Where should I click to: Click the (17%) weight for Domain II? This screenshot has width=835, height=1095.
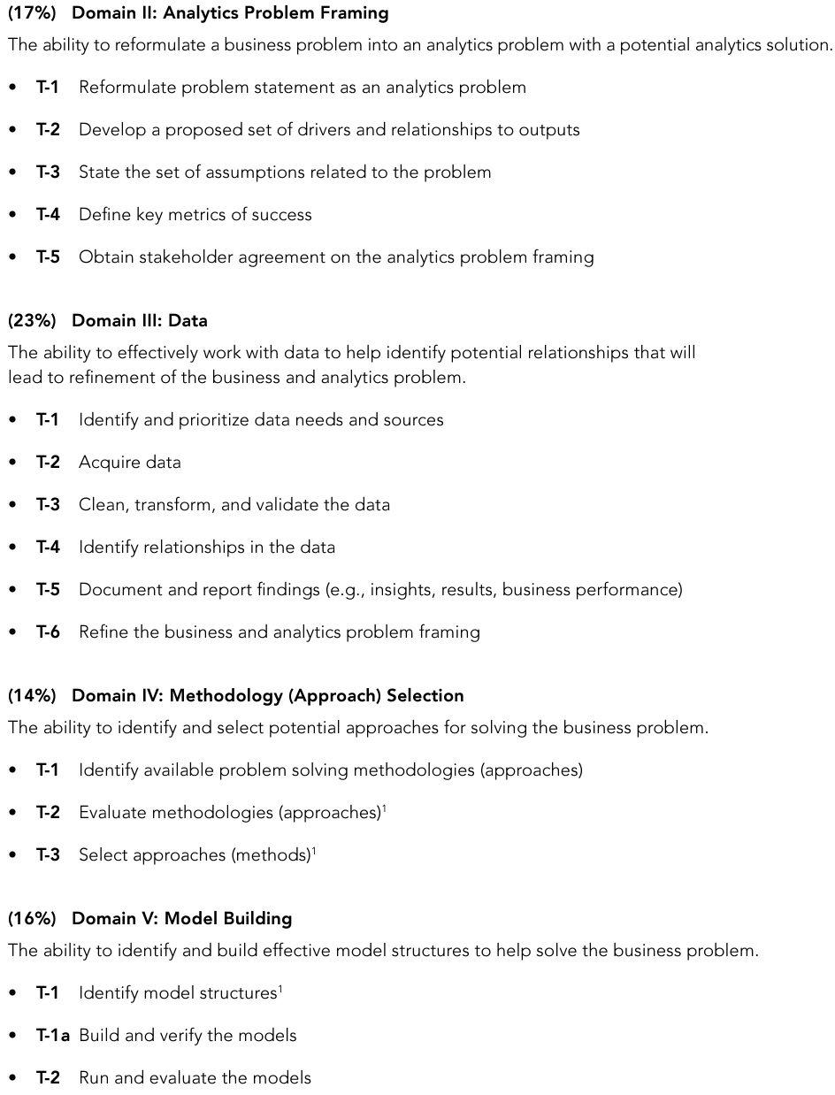[x=32, y=13]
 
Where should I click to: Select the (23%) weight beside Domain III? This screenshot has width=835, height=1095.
[x=32, y=321]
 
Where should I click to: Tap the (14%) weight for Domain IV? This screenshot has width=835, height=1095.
[x=32, y=696]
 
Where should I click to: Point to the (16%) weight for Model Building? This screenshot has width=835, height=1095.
[x=32, y=919]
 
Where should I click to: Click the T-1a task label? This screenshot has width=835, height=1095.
[x=52, y=1036]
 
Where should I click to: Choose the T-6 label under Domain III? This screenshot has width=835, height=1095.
[x=48, y=632]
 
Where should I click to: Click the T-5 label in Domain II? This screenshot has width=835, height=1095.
[x=48, y=257]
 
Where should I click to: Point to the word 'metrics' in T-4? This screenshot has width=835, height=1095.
[x=197, y=215]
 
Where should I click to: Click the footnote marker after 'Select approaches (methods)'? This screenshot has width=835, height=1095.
[x=314, y=851]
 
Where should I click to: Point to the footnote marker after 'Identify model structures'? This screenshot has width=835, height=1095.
[x=280, y=989]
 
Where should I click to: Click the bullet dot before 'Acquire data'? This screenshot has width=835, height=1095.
[x=12, y=463]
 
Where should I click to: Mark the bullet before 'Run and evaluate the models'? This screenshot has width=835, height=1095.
[x=12, y=1078]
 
